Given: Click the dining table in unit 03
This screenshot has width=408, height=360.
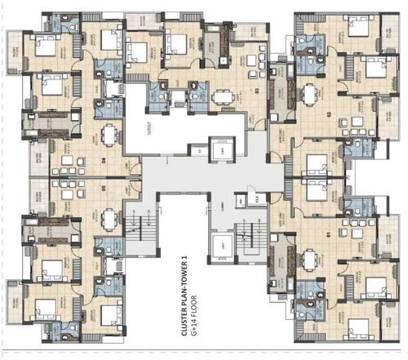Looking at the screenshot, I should [220, 96].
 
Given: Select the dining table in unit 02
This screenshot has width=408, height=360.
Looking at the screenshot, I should [310, 94].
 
